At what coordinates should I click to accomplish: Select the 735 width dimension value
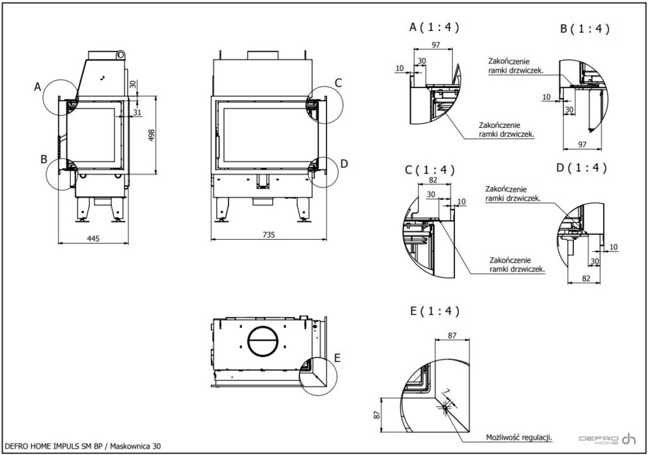click(x=268, y=235)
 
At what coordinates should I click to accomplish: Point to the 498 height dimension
click(x=150, y=135)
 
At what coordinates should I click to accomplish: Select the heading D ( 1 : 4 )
click(x=581, y=168)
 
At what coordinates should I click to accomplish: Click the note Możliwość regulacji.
click(x=519, y=437)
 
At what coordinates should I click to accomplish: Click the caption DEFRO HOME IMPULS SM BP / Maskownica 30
click(x=82, y=446)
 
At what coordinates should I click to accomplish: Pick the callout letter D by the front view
click(x=344, y=163)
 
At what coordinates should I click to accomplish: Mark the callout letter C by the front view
click(x=339, y=82)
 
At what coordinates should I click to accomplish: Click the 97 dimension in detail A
click(x=435, y=44)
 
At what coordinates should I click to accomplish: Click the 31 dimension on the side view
click(x=137, y=112)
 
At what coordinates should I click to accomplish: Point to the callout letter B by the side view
click(x=44, y=159)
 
